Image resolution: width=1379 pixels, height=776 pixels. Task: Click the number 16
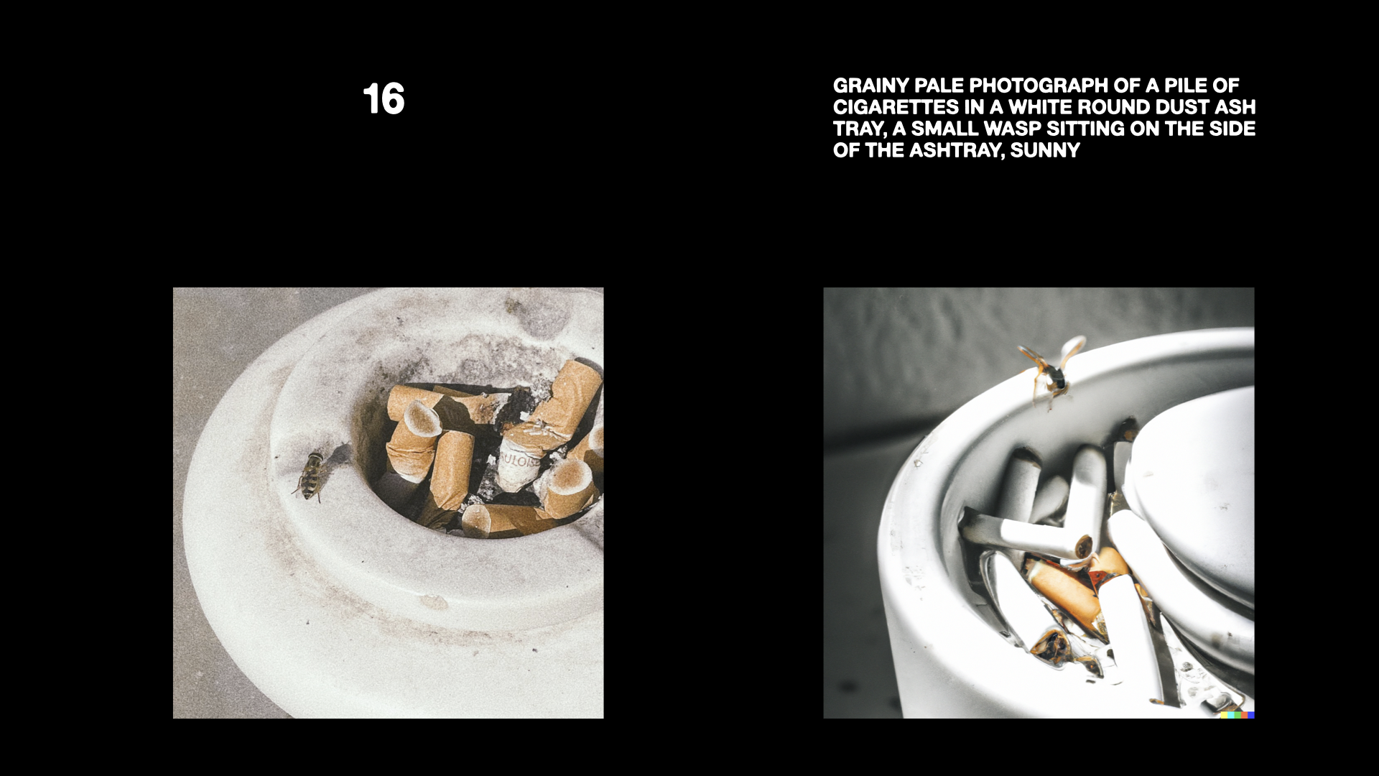click(384, 99)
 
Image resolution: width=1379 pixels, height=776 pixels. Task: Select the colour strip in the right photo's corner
click(1237, 715)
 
